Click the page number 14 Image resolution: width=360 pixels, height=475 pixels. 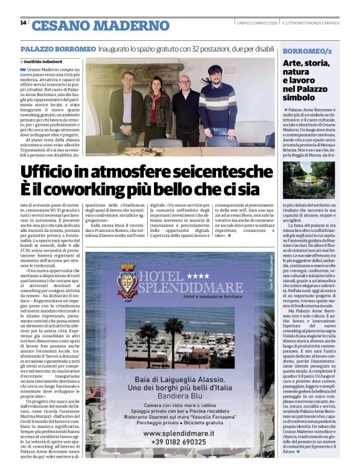tap(23, 23)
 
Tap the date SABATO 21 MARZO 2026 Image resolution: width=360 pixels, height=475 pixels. tap(257, 23)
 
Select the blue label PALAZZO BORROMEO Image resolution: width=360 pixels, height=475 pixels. tap(58, 48)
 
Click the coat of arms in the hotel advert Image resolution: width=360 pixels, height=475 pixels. tap(128, 280)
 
